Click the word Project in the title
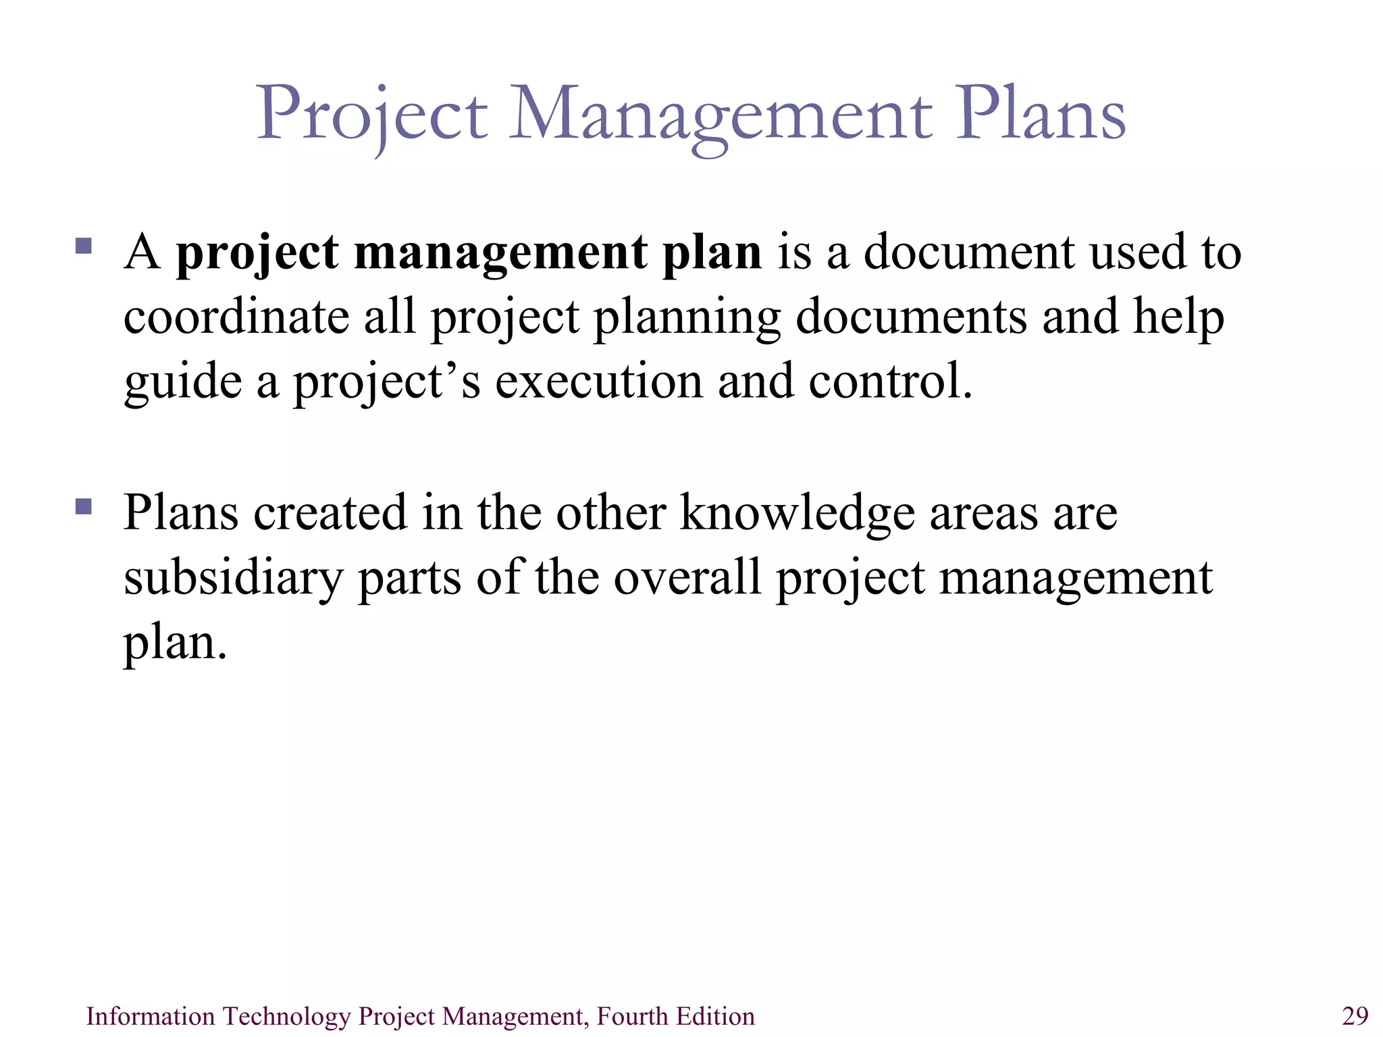point(371,115)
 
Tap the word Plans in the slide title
point(1040,115)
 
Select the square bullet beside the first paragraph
point(84,245)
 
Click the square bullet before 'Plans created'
point(84,506)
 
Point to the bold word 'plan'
point(712,254)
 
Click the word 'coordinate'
point(236,317)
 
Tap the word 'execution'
point(598,382)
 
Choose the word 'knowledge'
point(796,513)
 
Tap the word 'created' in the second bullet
point(330,513)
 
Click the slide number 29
point(1355,1016)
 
